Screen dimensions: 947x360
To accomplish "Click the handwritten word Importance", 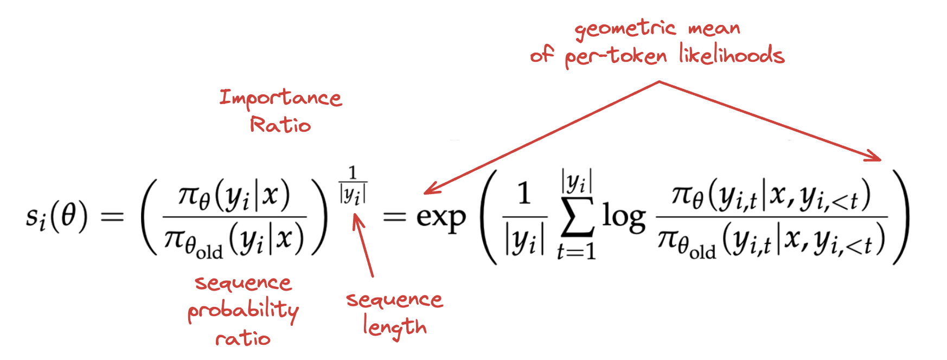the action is pyautogui.click(x=280, y=99).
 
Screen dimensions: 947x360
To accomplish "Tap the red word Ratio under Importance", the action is pyautogui.click(x=280, y=125).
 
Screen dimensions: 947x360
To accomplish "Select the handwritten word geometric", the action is pyautogui.click(x=625, y=29).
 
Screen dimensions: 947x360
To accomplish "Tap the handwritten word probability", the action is pyautogui.click(x=243, y=311).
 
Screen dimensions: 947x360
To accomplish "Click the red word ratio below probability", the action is pyautogui.click(x=243, y=339).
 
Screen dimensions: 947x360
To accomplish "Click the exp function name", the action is pyautogui.click(x=441, y=218).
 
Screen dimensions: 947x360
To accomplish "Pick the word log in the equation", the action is pyautogui.click(x=624, y=217).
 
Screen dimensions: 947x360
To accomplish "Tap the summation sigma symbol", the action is pyautogui.click(x=577, y=217).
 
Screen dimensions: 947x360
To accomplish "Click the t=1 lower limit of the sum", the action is pyautogui.click(x=576, y=250).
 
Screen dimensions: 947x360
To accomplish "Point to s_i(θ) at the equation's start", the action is pyautogui.click(x=56, y=217).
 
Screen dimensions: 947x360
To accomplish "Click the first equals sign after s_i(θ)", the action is pyautogui.click(x=113, y=217).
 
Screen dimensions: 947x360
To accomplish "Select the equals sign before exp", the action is pyautogui.click(x=394, y=217).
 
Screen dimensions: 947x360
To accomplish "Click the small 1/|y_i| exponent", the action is pyautogui.click(x=353, y=185).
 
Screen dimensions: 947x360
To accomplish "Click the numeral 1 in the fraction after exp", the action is pyautogui.click(x=523, y=194).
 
